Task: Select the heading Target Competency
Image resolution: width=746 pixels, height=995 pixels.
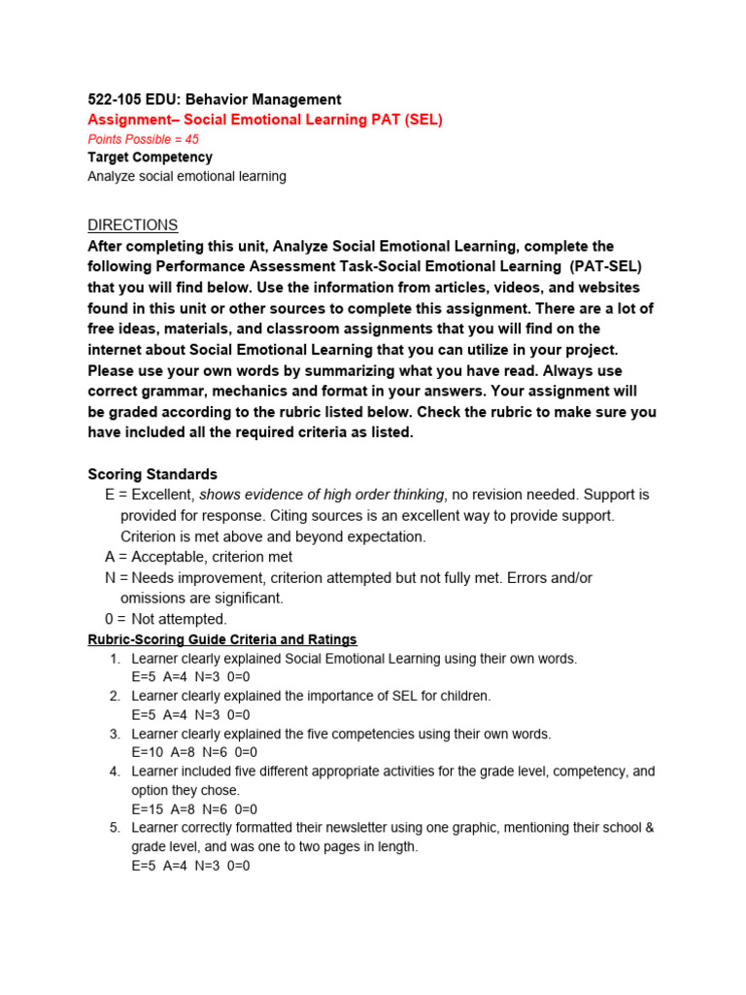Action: pos(150,157)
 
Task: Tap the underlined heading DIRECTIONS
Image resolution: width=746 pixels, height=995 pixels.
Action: pos(132,225)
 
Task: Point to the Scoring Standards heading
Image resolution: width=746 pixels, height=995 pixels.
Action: pos(153,474)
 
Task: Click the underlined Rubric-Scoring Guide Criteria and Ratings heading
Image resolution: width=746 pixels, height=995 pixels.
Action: pos(222,639)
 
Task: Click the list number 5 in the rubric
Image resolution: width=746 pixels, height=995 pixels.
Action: pos(114,828)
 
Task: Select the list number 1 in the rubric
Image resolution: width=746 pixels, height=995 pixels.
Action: pos(114,659)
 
